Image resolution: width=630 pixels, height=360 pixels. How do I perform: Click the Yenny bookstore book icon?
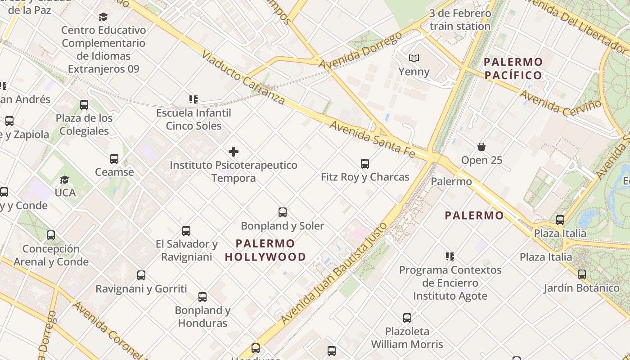[x=414, y=58]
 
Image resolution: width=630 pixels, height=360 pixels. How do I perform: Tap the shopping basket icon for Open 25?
[x=481, y=147]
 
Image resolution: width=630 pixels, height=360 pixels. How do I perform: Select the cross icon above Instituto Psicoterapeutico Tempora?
[x=234, y=152]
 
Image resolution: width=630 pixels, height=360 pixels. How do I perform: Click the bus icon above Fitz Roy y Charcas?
[x=365, y=163]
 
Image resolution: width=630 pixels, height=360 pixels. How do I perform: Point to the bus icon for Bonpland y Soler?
[x=283, y=212]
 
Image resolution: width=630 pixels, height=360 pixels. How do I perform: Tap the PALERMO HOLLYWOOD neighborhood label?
[x=265, y=250]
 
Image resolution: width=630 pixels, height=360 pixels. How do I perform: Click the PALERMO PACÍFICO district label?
[x=513, y=68]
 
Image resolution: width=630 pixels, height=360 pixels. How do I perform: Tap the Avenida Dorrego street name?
[x=360, y=50]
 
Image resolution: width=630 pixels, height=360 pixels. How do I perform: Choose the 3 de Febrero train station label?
[x=460, y=20]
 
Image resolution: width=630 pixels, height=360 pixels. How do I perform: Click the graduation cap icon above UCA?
[x=65, y=180]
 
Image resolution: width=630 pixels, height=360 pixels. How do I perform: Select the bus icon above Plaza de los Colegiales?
[x=84, y=105]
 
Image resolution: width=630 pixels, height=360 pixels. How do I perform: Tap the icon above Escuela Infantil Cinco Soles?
[x=193, y=99]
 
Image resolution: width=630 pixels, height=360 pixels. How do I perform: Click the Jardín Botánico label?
[x=581, y=288]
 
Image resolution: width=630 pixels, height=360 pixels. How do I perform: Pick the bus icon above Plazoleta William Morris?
[x=407, y=318]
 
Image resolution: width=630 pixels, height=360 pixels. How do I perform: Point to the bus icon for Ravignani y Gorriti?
[x=141, y=275]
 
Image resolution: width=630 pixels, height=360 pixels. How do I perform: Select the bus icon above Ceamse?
[x=114, y=158]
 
